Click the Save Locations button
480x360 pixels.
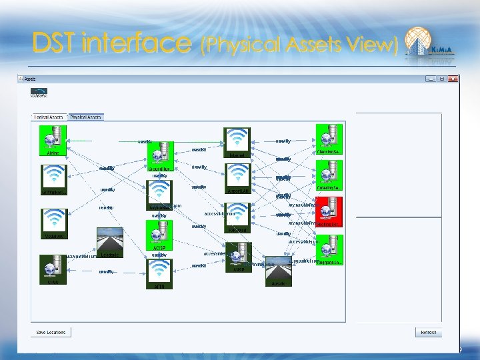[51, 332]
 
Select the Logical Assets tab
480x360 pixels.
[49, 117]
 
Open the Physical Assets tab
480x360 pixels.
[86, 117]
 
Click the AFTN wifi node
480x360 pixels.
[159, 271]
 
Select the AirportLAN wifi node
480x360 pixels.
[237, 176]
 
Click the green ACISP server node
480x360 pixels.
[159, 233]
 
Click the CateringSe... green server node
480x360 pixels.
[328, 174]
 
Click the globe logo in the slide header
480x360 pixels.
[419, 41]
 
